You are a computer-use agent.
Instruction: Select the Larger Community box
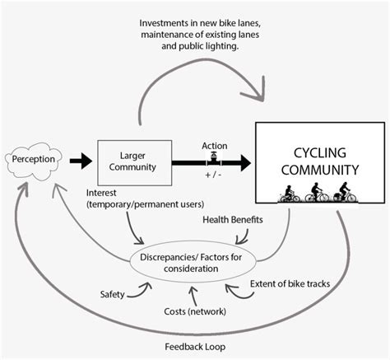pyautogui.click(x=134, y=161)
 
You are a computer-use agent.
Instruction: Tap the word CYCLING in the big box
pyautogui.click(x=319, y=153)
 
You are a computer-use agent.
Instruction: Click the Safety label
pyautogui.click(x=113, y=294)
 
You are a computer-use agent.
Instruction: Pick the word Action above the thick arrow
pyautogui.click(x=214, y=146)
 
